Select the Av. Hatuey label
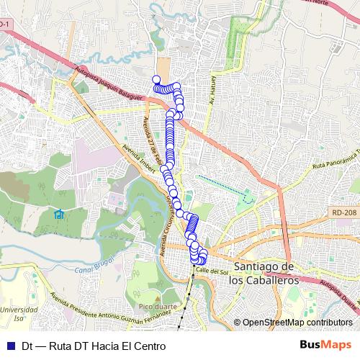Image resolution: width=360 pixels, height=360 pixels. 212,89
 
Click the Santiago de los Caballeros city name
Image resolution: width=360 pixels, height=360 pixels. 260,273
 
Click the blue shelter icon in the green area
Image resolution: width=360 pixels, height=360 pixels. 59,215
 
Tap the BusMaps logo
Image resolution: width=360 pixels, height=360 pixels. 327,346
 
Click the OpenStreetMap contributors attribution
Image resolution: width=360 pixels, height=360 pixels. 297,323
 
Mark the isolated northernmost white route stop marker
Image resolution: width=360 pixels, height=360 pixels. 156,79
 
